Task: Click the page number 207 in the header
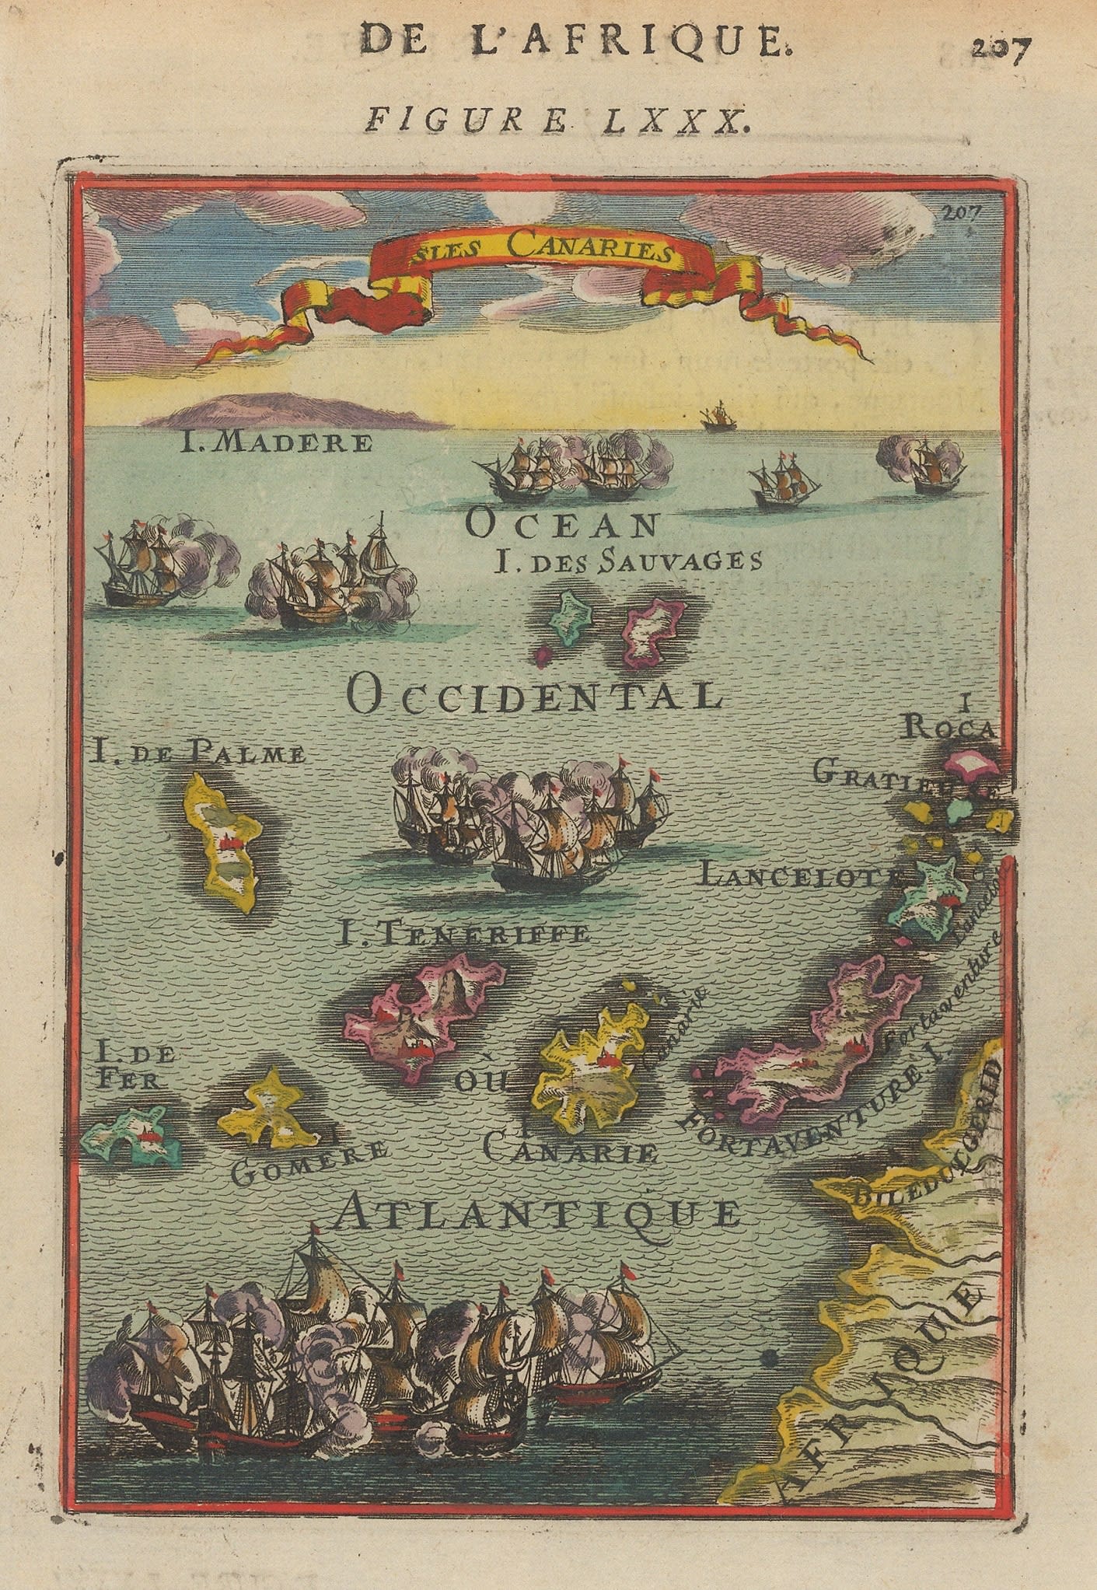[x=1001, y=53]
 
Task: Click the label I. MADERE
[x=277, y=444]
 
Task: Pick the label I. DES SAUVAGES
[x=627, y=561]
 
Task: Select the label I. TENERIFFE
[x=462, y=933]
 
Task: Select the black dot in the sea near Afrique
[x=770, y=1358]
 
